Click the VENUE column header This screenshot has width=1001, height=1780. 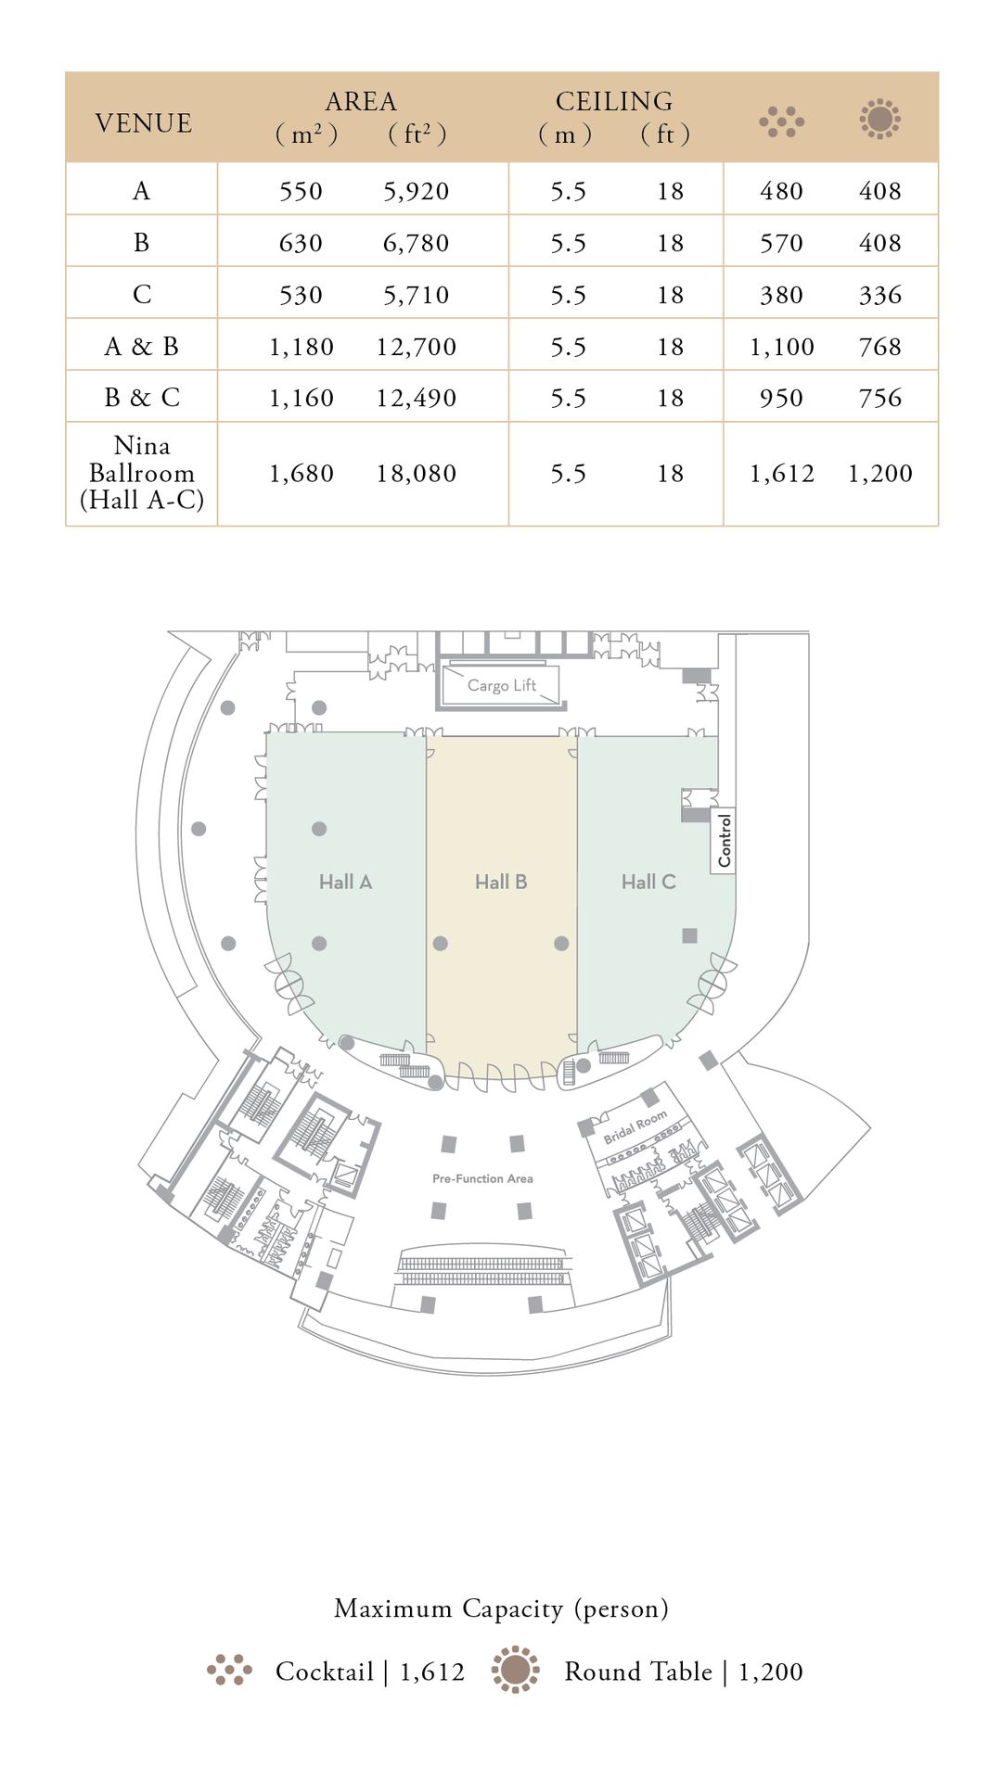tap(143, 123)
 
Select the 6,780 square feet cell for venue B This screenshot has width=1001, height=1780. tap(416, 243)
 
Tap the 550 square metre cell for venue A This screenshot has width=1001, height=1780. tap(301, 191)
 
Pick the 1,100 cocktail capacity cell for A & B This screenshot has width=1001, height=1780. tap(781, 347)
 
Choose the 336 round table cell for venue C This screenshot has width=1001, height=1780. tap(879, 295)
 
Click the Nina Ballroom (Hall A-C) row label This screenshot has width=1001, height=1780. tap(142, 473)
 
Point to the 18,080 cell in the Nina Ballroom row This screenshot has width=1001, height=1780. tap(416, 474)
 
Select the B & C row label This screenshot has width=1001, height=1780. tap(142, 398)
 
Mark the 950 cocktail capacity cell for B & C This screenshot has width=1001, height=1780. tap(781, 398)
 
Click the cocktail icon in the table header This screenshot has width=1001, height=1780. tap(781, 121)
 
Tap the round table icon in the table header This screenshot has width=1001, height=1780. tap(879, 120)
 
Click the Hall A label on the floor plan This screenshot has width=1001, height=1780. tap(345, 882)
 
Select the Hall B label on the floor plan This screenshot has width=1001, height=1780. tap(501, 882)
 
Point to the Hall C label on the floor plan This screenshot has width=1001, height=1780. tap(648, 882)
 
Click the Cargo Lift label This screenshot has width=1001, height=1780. tap(502, 685)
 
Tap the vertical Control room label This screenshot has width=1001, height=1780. tap(725, 841)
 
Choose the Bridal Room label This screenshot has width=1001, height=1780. tap(635, 1126)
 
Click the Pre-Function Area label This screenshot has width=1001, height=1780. tap(482, 1178)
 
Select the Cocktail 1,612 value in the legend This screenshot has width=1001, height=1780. tap(370, 1672)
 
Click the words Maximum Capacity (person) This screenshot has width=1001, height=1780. tap(501, 1608)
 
